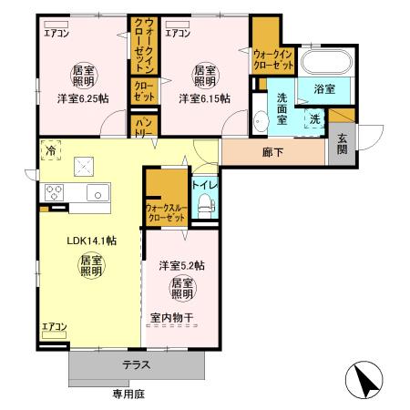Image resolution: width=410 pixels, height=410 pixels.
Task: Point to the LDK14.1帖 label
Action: point(90,241)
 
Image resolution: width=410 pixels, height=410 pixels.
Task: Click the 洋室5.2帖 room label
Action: point(181,265)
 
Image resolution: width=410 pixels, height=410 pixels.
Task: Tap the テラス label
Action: point(138,364)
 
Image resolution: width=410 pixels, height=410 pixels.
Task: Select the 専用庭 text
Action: point(129,394)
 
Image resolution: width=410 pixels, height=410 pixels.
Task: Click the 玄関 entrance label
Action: point(342,146)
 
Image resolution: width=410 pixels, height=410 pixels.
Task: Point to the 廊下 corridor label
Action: point(272,152)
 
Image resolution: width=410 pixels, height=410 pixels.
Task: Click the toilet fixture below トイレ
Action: point(204,206)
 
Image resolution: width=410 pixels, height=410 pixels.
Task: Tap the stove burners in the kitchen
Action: point(52,192)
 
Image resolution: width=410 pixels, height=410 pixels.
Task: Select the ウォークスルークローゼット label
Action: point(166,215)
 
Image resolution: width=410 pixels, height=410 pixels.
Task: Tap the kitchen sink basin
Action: point(97,192)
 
